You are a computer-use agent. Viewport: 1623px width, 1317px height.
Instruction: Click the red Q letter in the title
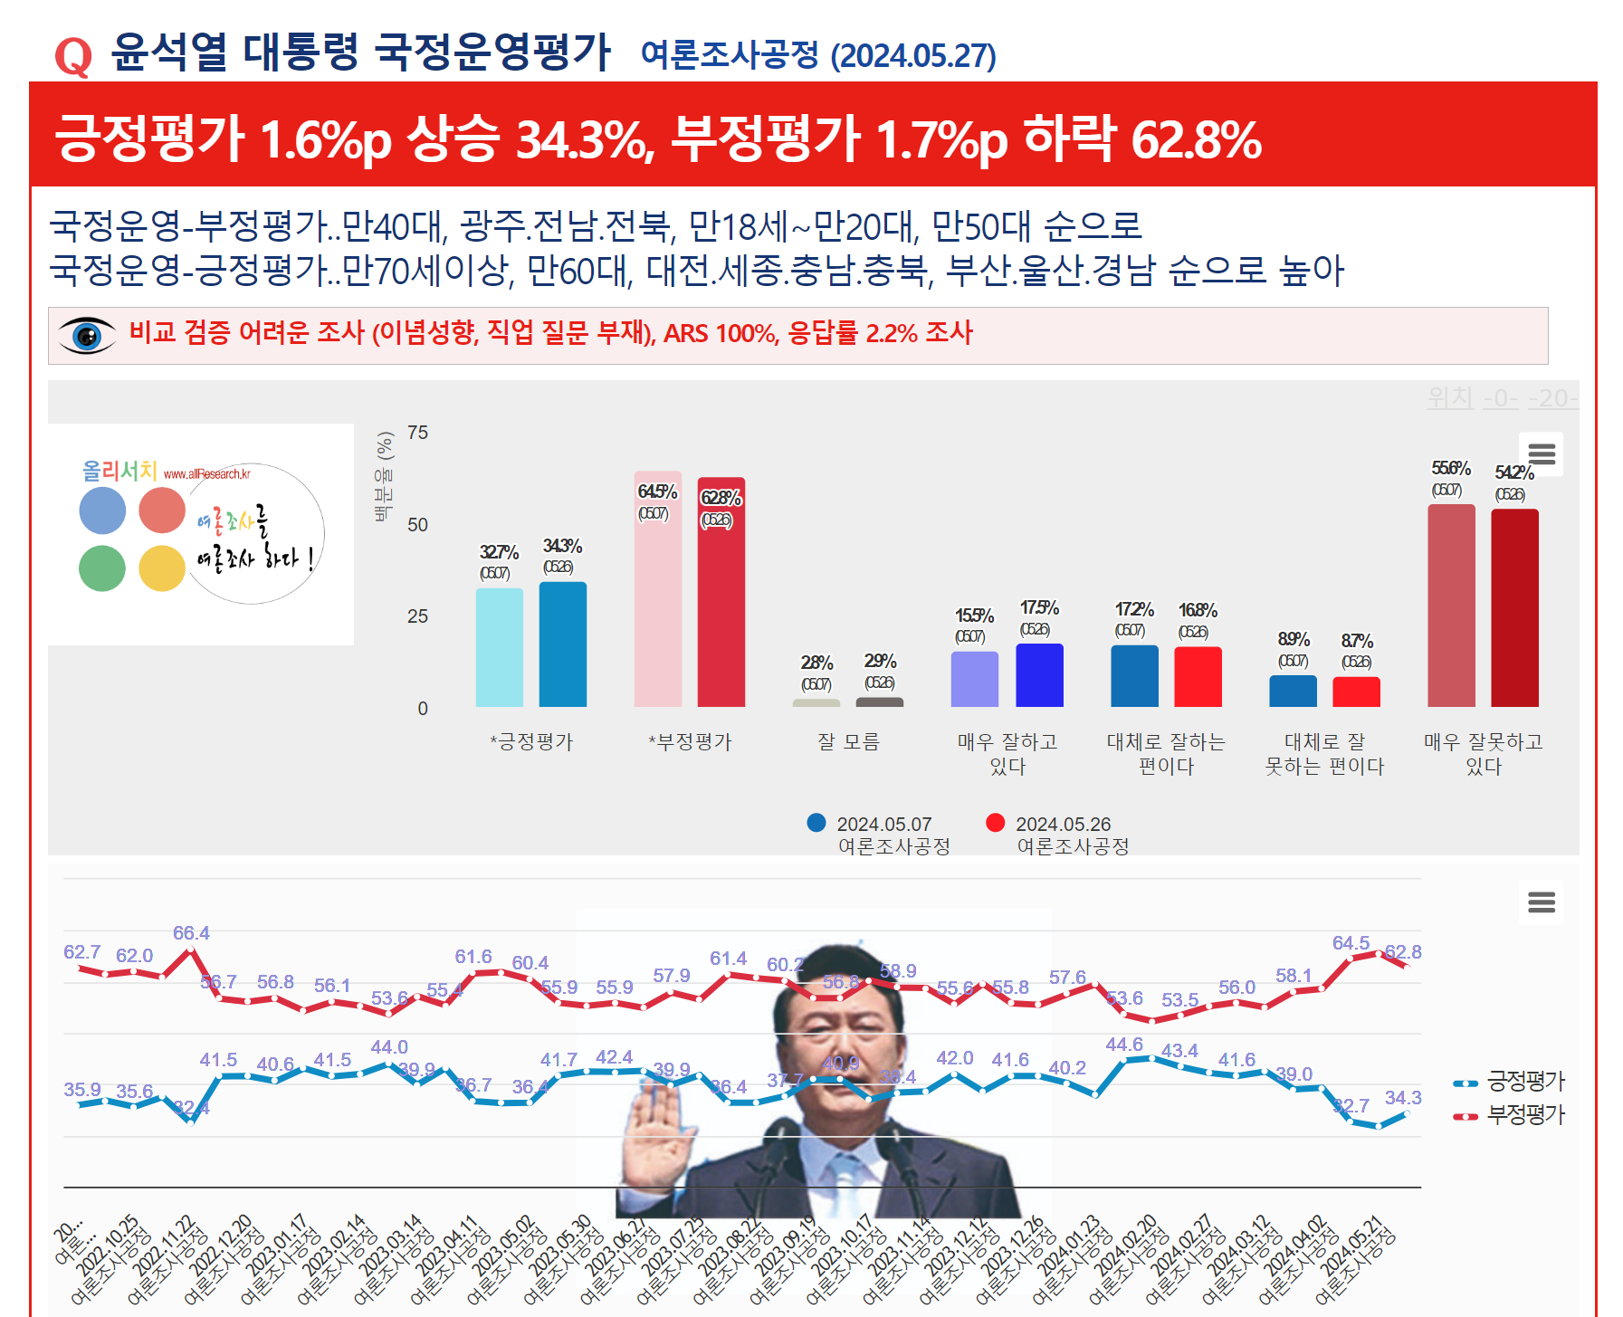click(x=73, y=57)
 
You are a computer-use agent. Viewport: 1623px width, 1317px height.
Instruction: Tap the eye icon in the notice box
click(x=87, y=336)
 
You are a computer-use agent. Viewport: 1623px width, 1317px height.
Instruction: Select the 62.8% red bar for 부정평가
click(x=721, y=593)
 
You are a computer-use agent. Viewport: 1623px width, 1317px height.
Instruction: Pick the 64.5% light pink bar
click(x=657, y=589)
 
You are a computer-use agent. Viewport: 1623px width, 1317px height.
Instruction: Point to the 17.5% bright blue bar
click(x=1039, y=675)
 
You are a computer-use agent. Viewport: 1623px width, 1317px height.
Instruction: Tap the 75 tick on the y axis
click(x=417, y=433)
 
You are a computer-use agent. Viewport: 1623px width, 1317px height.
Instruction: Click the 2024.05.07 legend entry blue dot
click(x=816, y=823)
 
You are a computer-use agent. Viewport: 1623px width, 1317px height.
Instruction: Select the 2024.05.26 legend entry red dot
click(x=996, y=823)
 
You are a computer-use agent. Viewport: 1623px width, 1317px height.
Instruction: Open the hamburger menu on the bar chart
click(x=1542, y=453)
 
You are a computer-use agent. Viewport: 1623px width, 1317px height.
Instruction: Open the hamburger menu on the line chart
click(x=1541, y=902)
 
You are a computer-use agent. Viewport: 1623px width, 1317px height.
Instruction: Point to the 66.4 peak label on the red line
click(x=191, y=933)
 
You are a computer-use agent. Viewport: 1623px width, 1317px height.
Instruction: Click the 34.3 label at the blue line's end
click(x=1402, y=1098)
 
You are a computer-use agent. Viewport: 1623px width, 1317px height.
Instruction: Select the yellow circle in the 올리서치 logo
click(x=162, y=568)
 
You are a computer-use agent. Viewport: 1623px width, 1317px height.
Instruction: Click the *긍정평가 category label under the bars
click(x=531, y=742)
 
